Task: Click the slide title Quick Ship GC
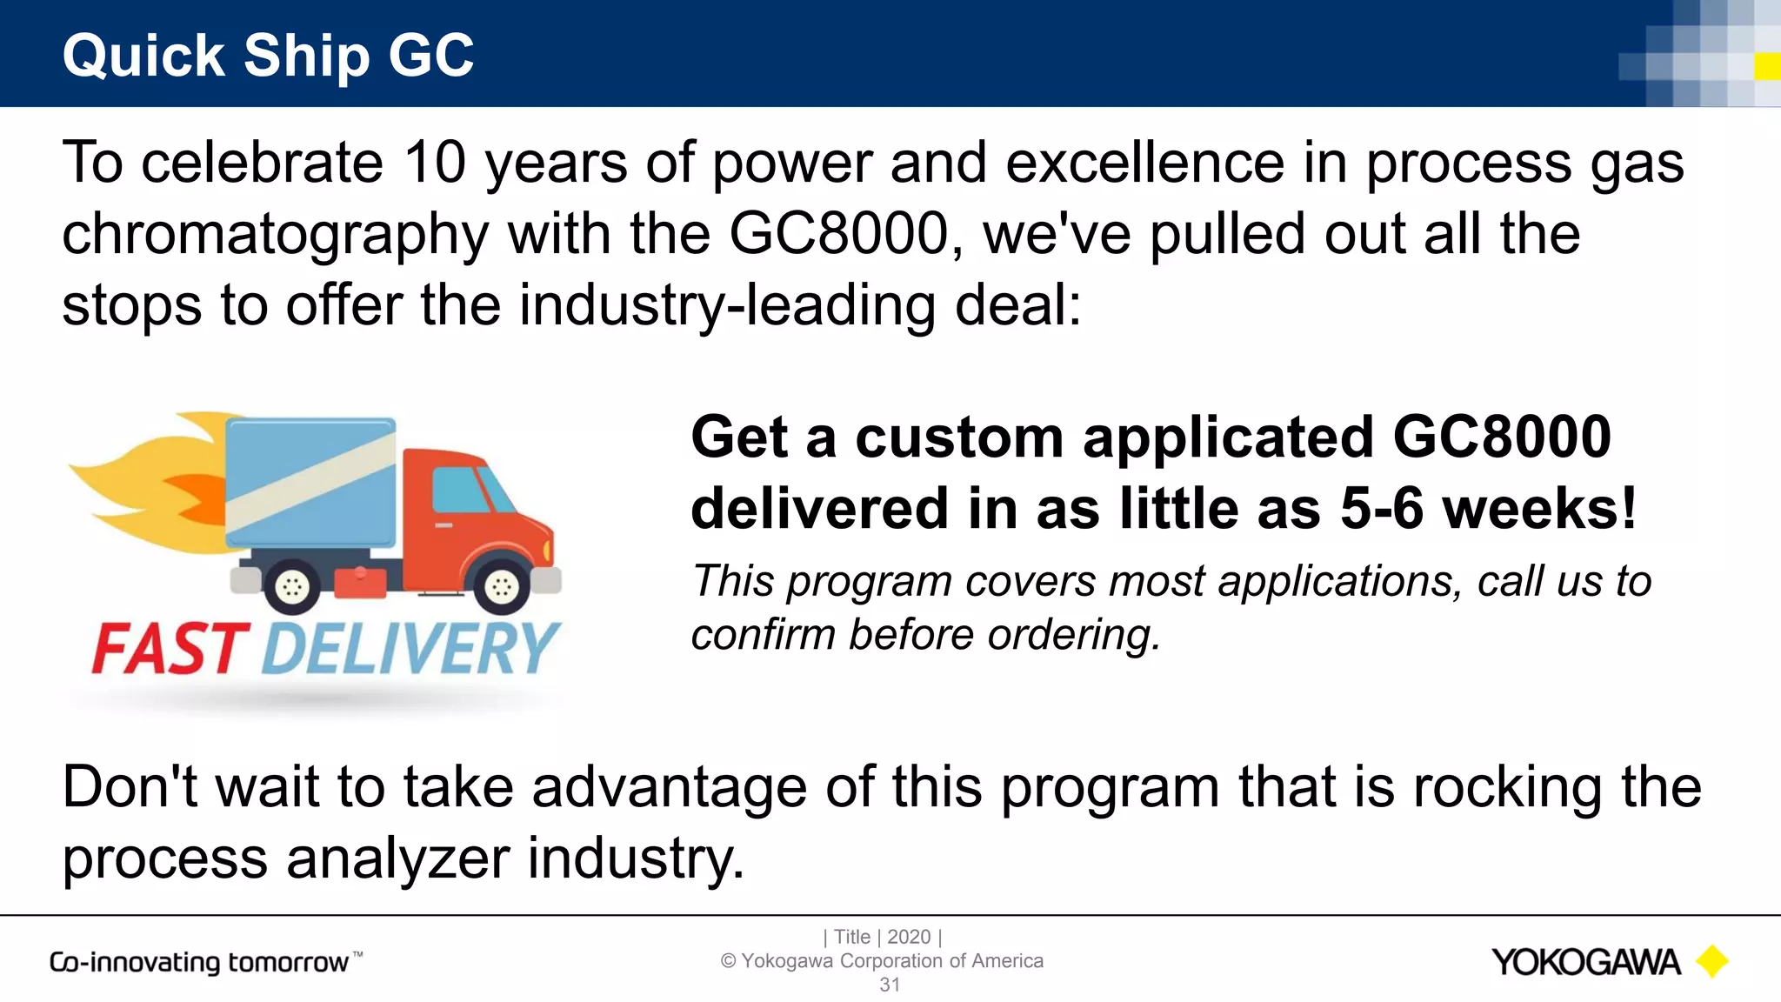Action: tap(268, 56)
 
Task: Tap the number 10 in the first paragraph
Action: tap(435, 163)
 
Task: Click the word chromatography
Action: tap(276, 235)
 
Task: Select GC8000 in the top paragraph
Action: tap(837, 234)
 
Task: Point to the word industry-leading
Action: tap(727, 306)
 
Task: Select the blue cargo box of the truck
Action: tap(310, 483)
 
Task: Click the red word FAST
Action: tap(170, 650)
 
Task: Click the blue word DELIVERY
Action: tap(409, 650)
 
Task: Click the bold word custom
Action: tap(959, 438)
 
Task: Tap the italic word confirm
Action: tap(762, 635)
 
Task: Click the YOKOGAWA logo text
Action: tap(1585, 963)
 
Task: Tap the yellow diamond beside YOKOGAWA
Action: tap(1712, 962)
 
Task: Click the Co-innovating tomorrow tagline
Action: tap(200, 963)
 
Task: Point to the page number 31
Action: tap(889, 985)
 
